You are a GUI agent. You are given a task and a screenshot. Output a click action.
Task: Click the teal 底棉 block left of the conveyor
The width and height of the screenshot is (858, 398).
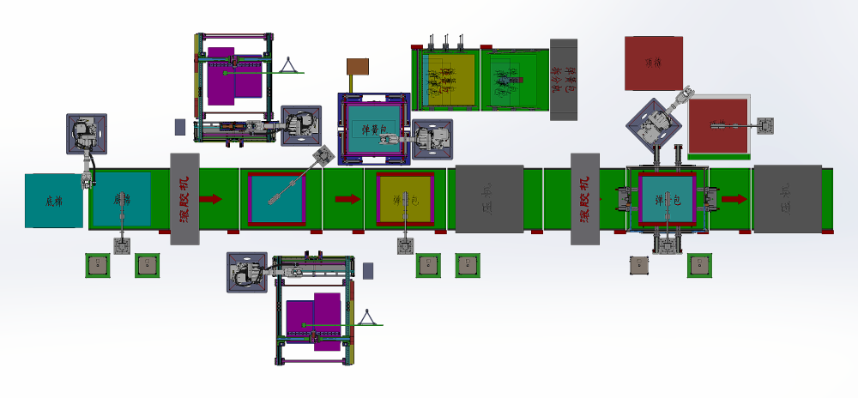[53, 201]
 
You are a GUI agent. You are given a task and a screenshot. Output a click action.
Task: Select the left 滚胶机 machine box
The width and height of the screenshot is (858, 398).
[184, 199]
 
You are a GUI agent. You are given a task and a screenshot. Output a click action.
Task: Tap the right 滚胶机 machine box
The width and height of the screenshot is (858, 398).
[584, 199]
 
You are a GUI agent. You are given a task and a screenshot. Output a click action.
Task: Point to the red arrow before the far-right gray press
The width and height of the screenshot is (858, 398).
[734, 199]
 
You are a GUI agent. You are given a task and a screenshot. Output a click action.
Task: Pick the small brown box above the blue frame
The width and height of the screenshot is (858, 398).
[357, 67]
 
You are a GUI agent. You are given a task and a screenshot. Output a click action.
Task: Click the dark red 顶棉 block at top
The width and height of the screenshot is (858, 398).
[654, 63]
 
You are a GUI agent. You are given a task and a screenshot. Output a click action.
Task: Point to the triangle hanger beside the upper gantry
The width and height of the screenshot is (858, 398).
[289, 65]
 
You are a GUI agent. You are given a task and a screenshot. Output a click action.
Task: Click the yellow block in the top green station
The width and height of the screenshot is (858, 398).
[450, 79]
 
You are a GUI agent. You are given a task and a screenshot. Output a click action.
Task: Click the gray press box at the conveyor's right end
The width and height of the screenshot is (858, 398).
[787, 198]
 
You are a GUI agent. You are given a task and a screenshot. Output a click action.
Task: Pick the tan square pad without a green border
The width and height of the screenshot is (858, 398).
[639, 266]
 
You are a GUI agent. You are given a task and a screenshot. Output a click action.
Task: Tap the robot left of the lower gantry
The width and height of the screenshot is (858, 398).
[245, 272]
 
